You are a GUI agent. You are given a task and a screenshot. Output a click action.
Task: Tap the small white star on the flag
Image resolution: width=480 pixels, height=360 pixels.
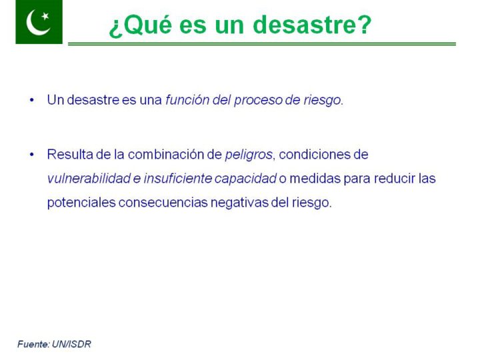coord(45,15)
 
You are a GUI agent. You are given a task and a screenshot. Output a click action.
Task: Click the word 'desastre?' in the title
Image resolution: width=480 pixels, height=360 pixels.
coord(312,25)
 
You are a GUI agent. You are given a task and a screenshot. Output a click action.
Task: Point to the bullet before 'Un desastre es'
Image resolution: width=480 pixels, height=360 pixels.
coord(32,100)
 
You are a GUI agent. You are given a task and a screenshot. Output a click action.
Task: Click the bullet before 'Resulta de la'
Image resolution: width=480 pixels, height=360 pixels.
coord(32,154)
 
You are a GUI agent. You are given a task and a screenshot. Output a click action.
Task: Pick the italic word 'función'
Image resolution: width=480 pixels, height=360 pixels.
coord(187,100)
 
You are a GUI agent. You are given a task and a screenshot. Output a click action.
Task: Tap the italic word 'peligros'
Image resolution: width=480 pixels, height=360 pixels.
coord(249,155)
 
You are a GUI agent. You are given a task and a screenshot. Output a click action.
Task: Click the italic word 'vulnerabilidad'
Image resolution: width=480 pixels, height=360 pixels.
coord(89,179)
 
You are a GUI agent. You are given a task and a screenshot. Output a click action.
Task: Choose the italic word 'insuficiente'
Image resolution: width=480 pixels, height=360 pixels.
coord(177,179)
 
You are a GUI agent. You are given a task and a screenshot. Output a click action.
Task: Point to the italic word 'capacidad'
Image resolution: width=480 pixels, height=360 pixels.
coord(245,179)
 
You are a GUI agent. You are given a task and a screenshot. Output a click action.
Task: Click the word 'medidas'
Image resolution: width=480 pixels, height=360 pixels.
coord(315,179)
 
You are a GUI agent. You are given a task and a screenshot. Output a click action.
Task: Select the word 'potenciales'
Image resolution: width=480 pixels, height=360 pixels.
coord(81,203)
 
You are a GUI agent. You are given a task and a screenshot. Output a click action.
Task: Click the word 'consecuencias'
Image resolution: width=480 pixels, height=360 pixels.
coord(163,203)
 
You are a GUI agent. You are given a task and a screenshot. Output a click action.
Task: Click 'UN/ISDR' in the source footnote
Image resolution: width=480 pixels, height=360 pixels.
coord(71,345)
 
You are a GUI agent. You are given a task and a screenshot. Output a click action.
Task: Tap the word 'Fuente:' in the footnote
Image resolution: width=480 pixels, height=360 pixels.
coord(34,345)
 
